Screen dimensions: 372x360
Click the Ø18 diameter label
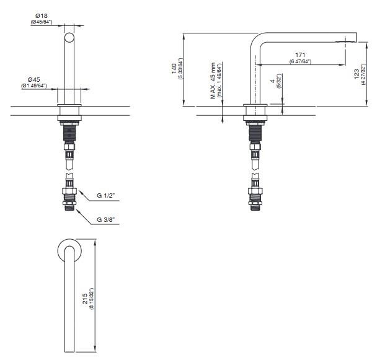[x=42, y=16]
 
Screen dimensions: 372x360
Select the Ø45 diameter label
[x=33, y=79]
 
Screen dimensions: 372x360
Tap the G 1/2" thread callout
[x=105, y=196]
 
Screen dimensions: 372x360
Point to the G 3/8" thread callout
[x=105, y=219]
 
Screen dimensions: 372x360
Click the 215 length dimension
[x=85, y=299]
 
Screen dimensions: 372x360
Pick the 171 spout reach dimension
[x=300, y=55]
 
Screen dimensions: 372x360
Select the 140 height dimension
[x=174, y=69]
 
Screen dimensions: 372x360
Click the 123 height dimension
[x=356, y=74]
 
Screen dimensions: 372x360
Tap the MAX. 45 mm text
[x=213, y=81]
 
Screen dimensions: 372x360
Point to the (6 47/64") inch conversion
[x=300, y=61]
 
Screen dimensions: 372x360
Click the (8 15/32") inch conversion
[x=92, y=299]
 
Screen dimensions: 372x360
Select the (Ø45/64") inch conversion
[x=42, y=22]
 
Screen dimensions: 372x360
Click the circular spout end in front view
[x=69, y=37]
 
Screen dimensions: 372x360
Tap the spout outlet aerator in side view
[x=346, y=42]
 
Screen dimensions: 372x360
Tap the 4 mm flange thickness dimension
[x=273, y=81]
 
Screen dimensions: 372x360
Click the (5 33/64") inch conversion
[x=181, y=69]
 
